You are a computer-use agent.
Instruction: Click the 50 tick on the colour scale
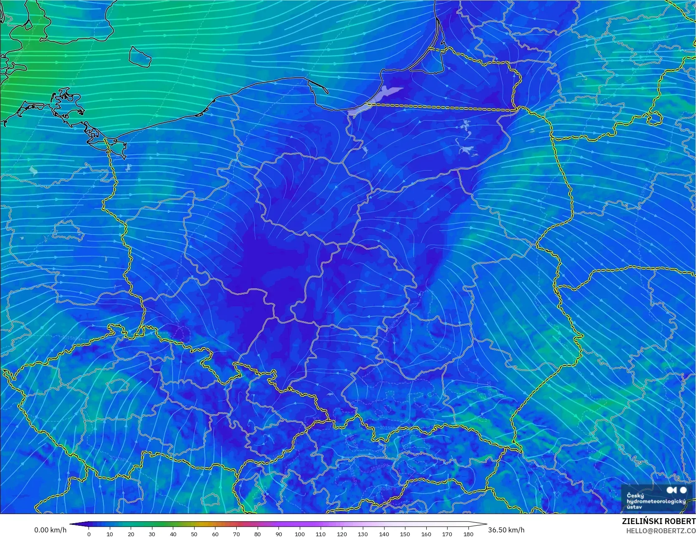coord(194,534)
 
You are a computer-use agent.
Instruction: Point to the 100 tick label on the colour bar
coord(300,534)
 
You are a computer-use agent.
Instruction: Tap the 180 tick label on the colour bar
coord(468,534)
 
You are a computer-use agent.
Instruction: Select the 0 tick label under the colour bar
coord(89,534)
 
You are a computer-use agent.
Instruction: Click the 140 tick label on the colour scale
coord(384,534)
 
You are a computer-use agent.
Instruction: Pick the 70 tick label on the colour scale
coord(236,534)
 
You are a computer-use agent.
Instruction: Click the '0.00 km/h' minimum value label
coord(50,530)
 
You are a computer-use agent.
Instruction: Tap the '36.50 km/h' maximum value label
coord(506,530)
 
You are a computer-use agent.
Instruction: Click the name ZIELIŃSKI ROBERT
coord(658,521)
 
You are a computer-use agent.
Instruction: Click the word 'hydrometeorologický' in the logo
coord(656,501)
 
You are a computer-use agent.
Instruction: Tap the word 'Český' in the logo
coord(635,496)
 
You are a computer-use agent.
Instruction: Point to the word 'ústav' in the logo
coord(635,507)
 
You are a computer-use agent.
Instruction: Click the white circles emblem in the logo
coord(676,490)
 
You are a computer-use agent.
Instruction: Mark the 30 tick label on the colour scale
coord(152,534)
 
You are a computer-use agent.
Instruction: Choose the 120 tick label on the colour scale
coord(342,534)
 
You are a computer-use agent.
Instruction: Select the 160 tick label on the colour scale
coord(426,534)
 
